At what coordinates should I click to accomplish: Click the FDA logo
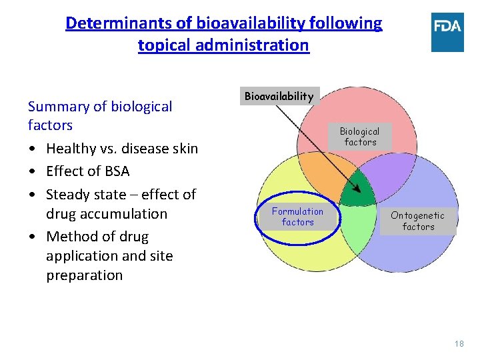tap(447, 32)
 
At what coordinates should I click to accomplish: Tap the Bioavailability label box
tap(279, 96)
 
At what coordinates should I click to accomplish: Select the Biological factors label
tap(360, 137)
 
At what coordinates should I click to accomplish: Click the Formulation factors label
tap(297, 217)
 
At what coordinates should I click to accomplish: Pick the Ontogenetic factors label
tap(417, 221)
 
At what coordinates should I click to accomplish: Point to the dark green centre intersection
tap(358, 189)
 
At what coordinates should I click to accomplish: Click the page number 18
tap(459, 343)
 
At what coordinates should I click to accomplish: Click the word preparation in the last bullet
tap(84, 275)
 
